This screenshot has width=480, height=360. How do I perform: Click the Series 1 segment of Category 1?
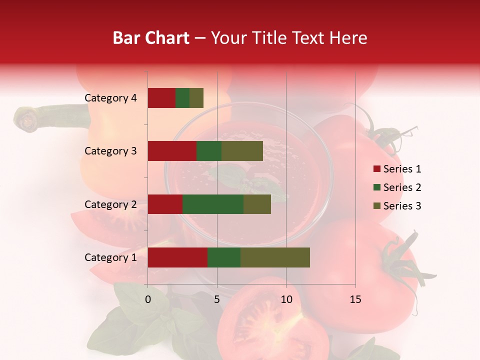[x=177, y=257]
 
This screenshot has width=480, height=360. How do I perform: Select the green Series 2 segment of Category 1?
[x=224, y=257]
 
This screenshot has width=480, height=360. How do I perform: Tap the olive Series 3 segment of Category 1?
[x=275, y=257]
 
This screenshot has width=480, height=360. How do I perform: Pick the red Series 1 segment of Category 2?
[x=165, y=204]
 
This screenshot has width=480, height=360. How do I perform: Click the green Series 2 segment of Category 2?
[x=213, y=204]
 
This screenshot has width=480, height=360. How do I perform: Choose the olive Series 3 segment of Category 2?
[x=257, y=204]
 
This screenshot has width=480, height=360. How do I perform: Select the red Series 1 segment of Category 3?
[x=172, y=151]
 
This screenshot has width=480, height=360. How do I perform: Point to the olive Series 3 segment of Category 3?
[x=242, y=151]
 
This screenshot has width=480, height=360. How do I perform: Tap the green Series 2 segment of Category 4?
[x=182, y=98]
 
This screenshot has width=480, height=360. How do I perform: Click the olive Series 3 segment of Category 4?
[x=196, y=98]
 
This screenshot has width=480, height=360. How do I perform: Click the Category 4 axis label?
[x=110, y=98]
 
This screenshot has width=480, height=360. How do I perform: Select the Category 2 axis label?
[x=110, y=204]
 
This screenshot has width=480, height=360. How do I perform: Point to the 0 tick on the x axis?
[x=148, y=299]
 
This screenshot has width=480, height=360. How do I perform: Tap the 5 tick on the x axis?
[x=217, y=299]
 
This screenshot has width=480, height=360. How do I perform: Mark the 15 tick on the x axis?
[x=355, y=299]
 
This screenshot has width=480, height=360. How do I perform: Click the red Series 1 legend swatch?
[x=376, y=169]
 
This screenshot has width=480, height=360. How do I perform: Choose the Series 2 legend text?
[x=402, y=187]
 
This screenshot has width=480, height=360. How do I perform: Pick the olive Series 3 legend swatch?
[x=376, y=206]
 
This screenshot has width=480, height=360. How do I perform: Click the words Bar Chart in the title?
[x=151, y=38]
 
